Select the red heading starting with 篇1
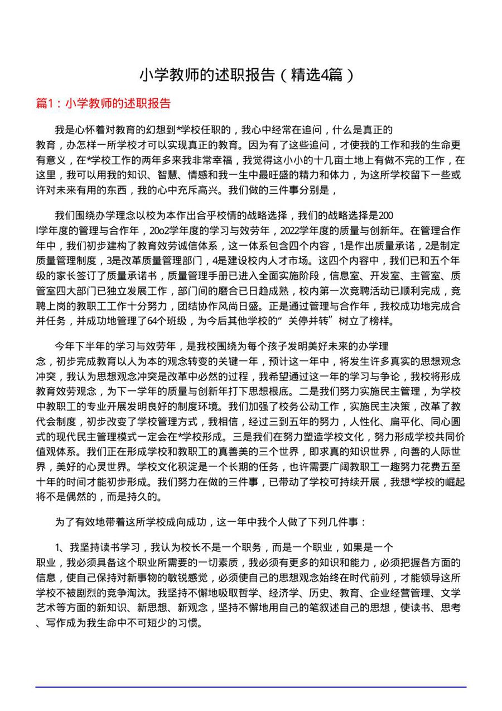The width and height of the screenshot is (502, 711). (103, 103)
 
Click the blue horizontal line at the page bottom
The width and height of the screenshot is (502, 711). (251, 687)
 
